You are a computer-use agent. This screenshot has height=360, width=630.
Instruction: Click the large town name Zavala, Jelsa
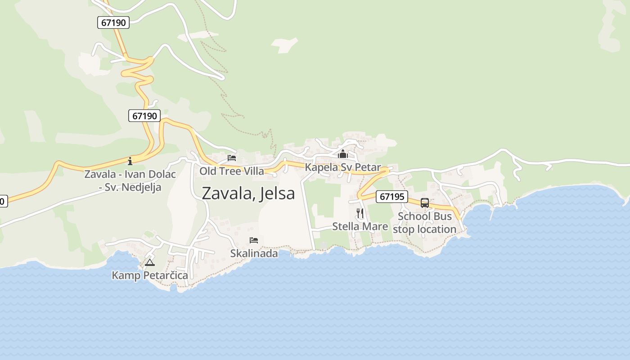click(x=248, y=193)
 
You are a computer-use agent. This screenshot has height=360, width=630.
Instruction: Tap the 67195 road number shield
click(x=391, y=197)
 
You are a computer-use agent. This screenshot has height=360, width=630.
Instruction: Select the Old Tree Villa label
click(x=232, y=171)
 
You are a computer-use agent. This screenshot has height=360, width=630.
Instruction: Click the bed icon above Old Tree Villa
click(x=232, y=158)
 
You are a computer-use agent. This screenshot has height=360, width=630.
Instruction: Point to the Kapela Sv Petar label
click(x=343, y=167)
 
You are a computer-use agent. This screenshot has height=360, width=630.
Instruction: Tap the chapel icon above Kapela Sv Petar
click(x=343, y=154)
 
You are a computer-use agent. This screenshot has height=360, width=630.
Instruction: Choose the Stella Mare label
click(x=360, y=226)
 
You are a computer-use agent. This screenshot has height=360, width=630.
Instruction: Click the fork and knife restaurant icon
click(x=360, y=213)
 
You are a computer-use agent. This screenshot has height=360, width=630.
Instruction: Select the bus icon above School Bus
click(x=425, y=203)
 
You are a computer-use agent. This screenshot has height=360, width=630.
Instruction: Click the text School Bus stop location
click(x=425, y=223)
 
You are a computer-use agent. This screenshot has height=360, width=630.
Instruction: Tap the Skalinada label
click(x=254, y=254)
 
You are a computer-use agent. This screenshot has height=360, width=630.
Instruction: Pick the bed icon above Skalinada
click(x=254, y=240)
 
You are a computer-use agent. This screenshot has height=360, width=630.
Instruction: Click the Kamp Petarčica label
click(x=150, y=275)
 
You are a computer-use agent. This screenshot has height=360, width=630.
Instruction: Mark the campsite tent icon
click(x=150, y=262)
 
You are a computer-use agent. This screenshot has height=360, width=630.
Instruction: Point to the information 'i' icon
click(x=130, y=161)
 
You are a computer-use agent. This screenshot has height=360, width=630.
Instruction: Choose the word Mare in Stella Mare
click(x=374, y=226)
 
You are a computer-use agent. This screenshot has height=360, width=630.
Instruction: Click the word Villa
click(x=254, y=171)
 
